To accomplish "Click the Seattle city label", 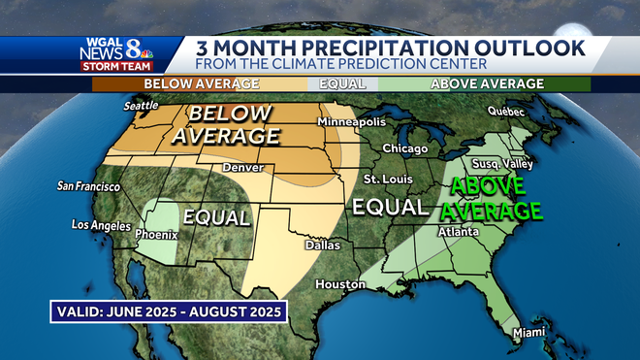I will [143, 106].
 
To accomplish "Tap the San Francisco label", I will [88, 186].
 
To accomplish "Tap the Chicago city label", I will [404, 148].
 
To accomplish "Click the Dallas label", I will [321, 245].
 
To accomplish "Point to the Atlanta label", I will [458, 232].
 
